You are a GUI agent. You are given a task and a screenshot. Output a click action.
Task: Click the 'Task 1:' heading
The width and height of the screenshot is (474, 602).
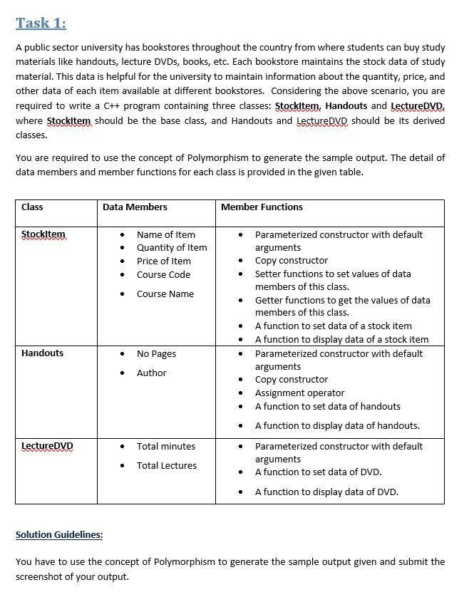coord(41,24)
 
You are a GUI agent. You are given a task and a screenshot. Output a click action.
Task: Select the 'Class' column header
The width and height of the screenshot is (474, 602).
coord(32,207)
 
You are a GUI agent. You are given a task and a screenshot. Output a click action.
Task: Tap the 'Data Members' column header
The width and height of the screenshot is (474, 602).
coord(135,207)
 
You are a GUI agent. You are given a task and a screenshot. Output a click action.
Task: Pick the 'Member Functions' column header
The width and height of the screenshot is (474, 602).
coord(262,207)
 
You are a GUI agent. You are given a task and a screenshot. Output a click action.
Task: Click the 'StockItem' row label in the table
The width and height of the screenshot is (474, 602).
coord(43,234)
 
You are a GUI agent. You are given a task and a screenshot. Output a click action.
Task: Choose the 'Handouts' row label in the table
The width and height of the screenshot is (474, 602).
coord(42,353)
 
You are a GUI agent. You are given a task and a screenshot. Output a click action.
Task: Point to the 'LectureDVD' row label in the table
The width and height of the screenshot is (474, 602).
coord(47,446)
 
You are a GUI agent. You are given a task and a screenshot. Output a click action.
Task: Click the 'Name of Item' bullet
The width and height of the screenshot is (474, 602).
coord(165,234)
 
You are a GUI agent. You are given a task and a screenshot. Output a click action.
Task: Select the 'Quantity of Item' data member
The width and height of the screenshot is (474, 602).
coord(172,248)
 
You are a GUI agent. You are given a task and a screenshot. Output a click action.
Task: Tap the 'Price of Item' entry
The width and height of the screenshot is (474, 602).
coord(164,261)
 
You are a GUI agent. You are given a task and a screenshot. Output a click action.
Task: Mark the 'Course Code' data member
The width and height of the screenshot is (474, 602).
coord(163,275)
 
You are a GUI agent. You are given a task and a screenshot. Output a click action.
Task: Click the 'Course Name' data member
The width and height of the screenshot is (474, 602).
coord(165,294)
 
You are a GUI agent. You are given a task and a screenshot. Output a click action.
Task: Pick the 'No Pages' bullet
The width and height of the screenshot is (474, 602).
coord(156,354)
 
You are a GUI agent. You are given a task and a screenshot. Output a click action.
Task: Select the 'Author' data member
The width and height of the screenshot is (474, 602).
coord(151,373)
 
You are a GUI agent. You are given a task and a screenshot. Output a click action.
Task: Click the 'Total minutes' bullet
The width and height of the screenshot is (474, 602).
coord(165,447)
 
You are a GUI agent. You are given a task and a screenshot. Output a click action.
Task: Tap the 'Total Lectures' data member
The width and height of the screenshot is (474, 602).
coord(167,466)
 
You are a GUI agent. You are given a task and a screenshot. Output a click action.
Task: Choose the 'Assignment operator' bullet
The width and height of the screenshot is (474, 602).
coord(299,393)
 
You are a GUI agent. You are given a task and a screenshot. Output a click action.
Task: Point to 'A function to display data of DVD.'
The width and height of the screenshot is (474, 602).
coord(326,492)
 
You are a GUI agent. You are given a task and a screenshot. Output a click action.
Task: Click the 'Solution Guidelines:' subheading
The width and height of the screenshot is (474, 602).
coord(59,534)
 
